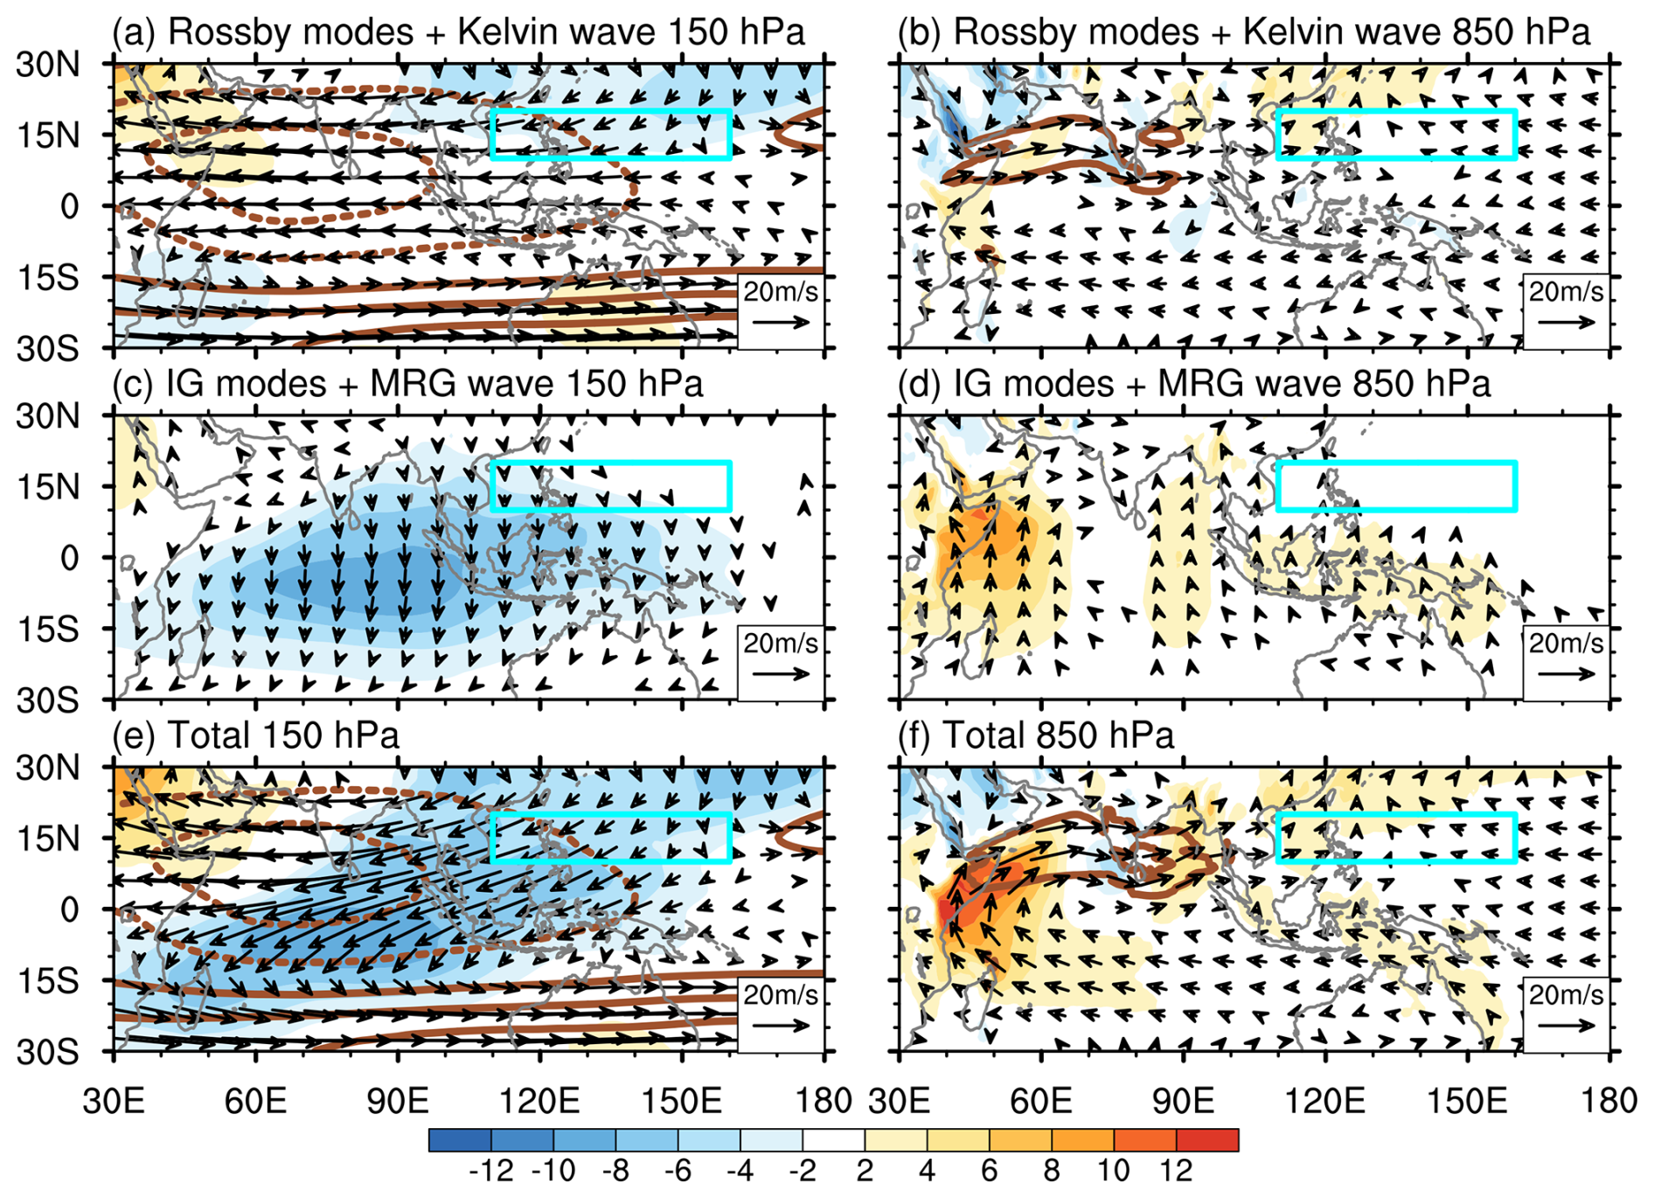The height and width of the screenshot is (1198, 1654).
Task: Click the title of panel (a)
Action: coord(458,32)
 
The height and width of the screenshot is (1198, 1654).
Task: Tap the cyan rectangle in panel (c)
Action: coord(611,463)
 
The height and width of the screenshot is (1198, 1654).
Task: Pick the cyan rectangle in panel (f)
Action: coord(1396,815)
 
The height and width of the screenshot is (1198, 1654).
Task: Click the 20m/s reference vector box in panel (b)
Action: coord(1566,310)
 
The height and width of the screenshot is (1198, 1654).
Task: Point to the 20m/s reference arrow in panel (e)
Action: coord(781,1025)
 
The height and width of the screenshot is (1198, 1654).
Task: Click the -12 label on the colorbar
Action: coord(491,1170)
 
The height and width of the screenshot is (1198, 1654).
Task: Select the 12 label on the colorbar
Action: coord(1177,1170)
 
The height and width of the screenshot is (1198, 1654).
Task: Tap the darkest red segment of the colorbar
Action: coord(1207,1139)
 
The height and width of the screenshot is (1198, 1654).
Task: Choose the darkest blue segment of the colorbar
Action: coord(461,1139)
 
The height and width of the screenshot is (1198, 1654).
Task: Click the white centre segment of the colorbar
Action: coord(834,1139)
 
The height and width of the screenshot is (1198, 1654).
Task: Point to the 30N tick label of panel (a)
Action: coord(47,65)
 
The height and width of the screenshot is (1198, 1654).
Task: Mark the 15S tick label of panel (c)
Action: coord(47,630)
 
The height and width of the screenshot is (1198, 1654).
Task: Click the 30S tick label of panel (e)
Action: coord(47,1053)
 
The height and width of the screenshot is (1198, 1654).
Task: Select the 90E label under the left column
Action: coord(398,1100)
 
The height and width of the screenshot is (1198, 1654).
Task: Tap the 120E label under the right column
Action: coord(1325,1100)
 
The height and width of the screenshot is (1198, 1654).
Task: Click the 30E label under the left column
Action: coord(114,1100)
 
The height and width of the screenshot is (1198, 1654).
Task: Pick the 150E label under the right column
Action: coord(1467,1100)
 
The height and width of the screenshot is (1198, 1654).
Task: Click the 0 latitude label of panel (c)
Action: coord(69,558)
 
